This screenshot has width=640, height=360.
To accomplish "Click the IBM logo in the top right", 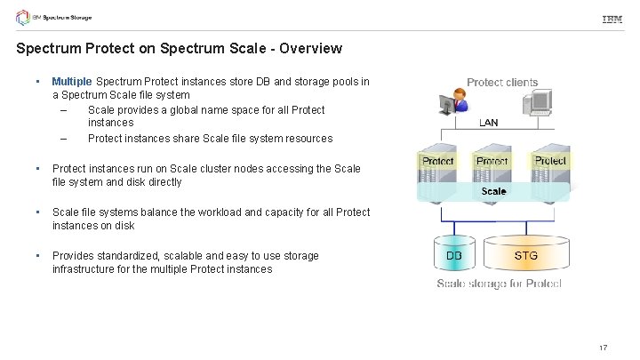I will click(x=612, y=19).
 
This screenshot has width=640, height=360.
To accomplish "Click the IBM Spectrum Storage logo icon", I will click(x=22, y=18).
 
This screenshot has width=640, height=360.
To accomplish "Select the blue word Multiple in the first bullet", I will click(x=71, y=82).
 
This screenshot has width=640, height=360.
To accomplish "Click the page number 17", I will click(x=603, y=347).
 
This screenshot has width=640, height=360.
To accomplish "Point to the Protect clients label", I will click(x=502, y=83).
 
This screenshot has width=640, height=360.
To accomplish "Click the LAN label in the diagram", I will click(x=489, y=123).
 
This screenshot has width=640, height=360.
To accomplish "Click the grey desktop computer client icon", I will click(x=540, y=105).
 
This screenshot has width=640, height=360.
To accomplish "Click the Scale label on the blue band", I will click(x=493, y=191).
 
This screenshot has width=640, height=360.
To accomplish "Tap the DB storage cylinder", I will click(x=454, y=256).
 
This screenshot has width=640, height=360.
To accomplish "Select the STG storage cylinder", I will click(x=525, y=256).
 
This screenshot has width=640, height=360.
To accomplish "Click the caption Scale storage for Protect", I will click(x=498, y=284).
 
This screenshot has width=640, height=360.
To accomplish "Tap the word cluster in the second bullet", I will click(x=215, y=168).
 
